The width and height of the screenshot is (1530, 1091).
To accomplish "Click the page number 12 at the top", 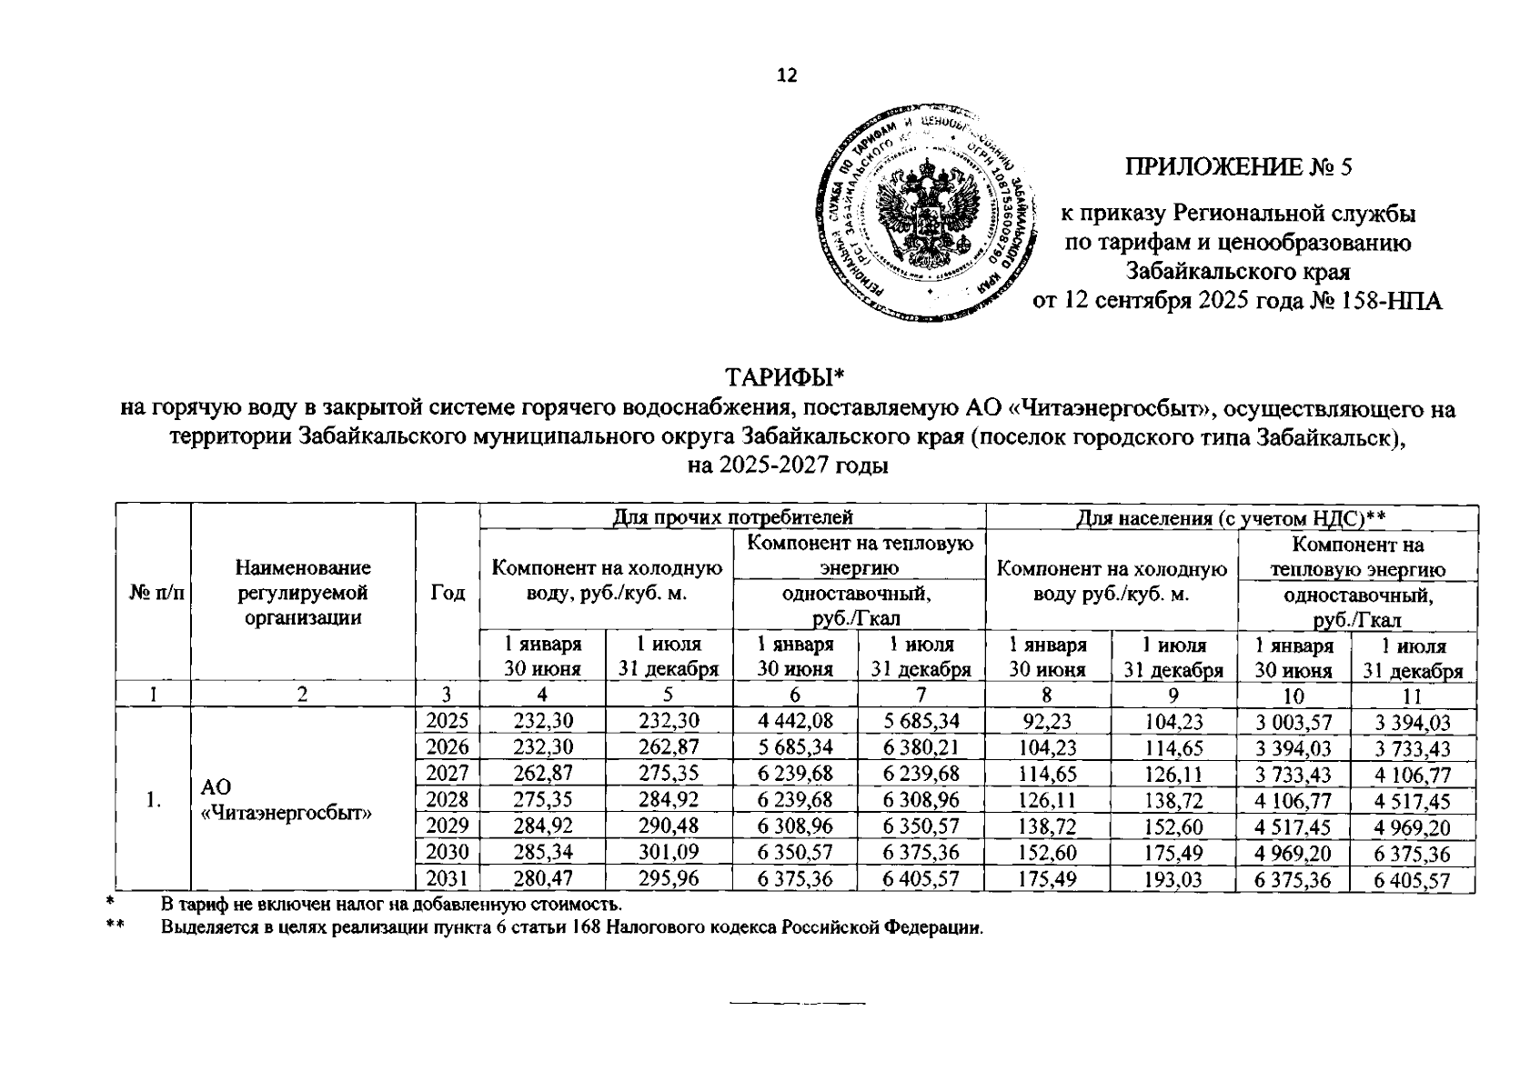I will coord(787,75).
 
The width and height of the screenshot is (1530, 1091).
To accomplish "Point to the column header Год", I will coord(448,593).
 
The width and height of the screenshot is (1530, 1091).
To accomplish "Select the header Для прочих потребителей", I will coord(732,518).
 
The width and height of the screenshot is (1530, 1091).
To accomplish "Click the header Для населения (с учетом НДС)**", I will coord(1231,518).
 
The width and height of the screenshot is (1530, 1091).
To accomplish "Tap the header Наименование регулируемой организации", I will coord(303,593).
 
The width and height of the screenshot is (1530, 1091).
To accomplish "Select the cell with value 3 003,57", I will coord(1293,724).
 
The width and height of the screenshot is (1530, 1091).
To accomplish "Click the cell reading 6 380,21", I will coord(921,748).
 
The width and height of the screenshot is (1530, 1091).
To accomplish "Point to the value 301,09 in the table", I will coord(668,854).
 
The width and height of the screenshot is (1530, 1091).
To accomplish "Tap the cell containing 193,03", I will coord(1173,880).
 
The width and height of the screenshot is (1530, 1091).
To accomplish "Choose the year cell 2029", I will coord(447,826).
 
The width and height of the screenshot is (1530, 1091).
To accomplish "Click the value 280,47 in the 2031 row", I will coord(542,879).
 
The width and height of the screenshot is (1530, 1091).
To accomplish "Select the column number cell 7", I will coord(921,696).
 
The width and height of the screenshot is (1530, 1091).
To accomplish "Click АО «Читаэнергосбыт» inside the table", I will coord(287,800).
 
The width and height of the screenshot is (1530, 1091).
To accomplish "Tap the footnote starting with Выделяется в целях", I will coord(571,928).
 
